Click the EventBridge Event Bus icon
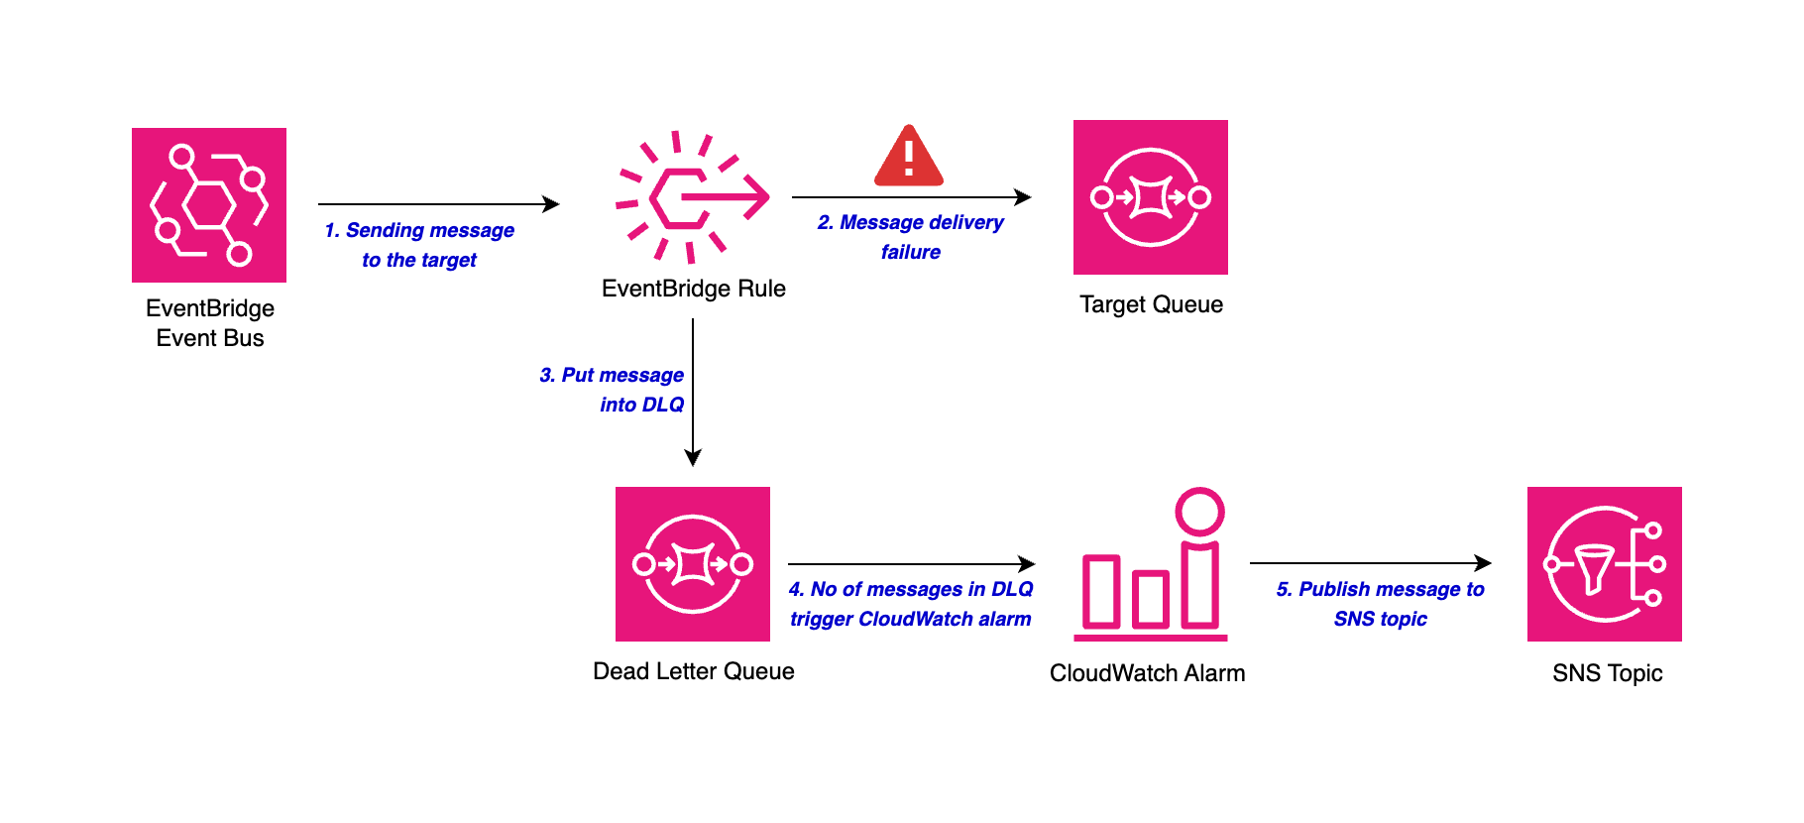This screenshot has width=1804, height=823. pos(209,205)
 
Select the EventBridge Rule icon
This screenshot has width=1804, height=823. pos(693,197)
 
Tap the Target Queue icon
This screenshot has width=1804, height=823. pos(1151,197)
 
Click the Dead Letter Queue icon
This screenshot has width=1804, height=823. pos(693,564)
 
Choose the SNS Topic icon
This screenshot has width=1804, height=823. pos(1604,564)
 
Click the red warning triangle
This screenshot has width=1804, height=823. pos(908,158)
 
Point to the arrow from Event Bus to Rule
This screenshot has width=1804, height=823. pos(438,204)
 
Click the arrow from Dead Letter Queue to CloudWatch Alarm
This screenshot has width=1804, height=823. pos(911,564)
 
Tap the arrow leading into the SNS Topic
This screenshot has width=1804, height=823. pos(1370,563)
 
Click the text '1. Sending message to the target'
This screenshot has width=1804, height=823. pos(419,245)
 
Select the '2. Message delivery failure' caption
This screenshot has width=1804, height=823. pos(910,237)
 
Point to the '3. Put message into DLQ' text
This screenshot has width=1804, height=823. pos(613,390)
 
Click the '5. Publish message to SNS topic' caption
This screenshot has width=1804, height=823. pos(1380,604)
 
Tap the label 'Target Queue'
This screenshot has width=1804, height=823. pos(1151,304)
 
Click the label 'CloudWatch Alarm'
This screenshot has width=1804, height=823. pos(1147,673)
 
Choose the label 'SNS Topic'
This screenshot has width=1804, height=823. pos(1607,673)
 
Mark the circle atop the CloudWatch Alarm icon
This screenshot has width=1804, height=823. pos(1199,512)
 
